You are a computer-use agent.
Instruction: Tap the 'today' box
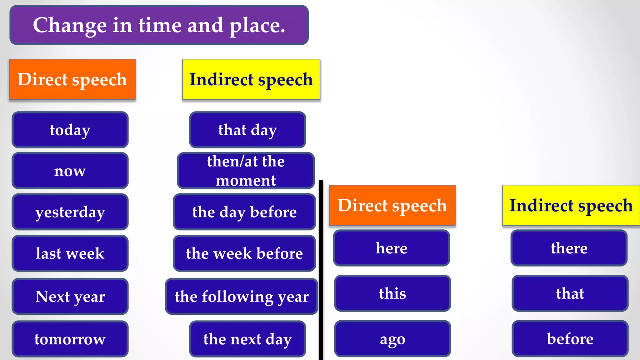pos(70,130)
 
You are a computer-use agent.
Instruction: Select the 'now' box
pos(70,171)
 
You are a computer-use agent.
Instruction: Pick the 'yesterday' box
pos(70,212)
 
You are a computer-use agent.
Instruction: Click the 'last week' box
pos(70,253)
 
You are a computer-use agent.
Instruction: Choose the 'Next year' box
pos(70,296)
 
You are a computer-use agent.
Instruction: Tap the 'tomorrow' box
pos(70,339)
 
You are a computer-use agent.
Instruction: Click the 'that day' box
pos(247,130)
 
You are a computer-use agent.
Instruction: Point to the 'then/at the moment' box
pos(246,171)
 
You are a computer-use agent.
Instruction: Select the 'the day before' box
pos(244,212)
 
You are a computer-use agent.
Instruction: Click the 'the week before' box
pos(244,253)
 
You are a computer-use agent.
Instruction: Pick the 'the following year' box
pos(242,296)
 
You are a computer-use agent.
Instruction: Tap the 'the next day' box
pos(247,339)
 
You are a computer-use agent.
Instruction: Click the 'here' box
pos(392,248)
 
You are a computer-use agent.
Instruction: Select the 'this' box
pos(392,293)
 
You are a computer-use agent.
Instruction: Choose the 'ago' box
pos(392,339)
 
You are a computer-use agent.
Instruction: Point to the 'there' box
pos(569,248)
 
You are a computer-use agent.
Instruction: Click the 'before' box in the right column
pos(570,339)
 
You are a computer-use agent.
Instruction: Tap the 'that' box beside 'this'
pos(570,293)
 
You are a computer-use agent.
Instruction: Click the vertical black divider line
pos(321,269)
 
